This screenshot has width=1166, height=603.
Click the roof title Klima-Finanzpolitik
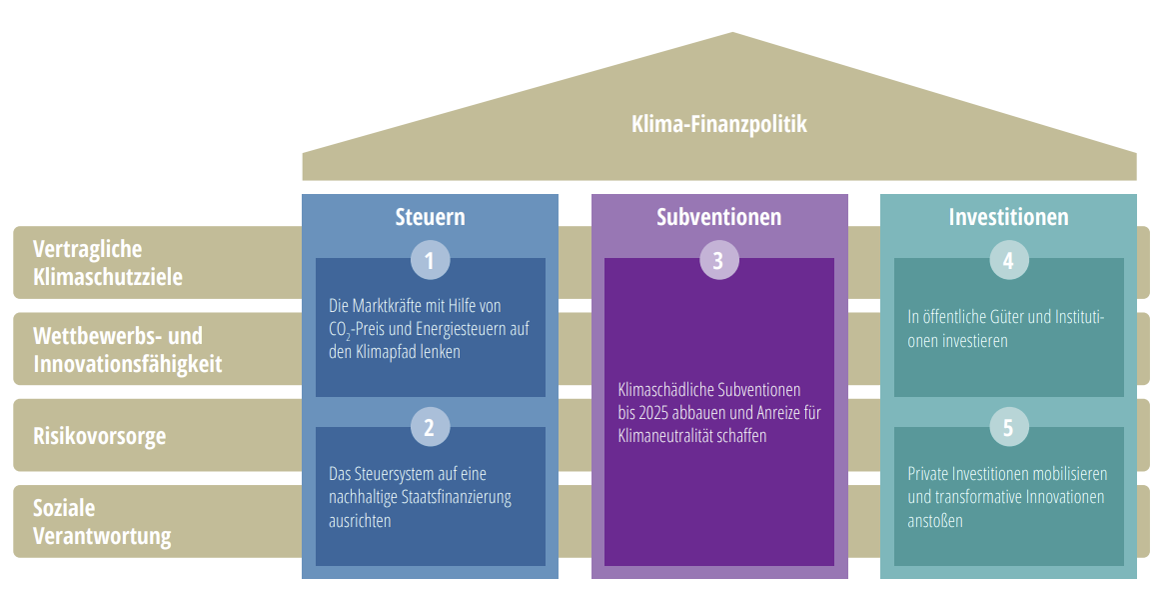719,125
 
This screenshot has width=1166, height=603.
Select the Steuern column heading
430,217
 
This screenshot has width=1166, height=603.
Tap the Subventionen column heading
718,217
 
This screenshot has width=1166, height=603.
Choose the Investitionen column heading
1008,217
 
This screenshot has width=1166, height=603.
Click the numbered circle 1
430,261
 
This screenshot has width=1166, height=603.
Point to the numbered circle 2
430,428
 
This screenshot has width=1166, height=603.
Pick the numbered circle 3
718,261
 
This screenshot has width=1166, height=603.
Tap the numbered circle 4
1008,261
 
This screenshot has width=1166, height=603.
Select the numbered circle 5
1008,428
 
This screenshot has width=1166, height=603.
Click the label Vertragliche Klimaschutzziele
108,263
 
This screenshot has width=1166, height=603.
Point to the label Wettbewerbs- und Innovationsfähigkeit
128,349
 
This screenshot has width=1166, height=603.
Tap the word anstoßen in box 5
935,521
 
